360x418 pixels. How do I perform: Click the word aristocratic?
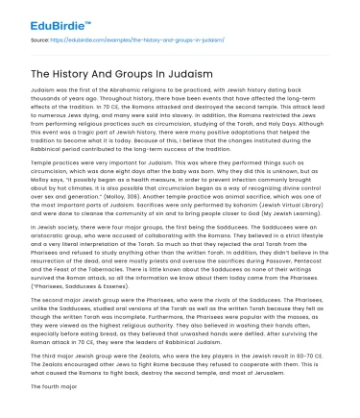point(60,254)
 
